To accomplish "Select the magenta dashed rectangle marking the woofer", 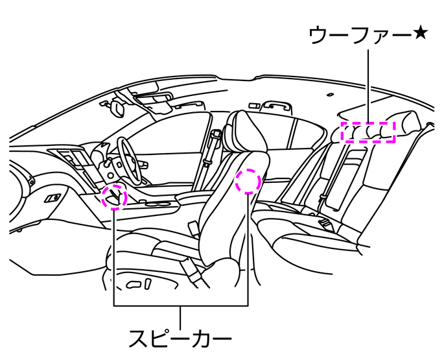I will tap(368, 131).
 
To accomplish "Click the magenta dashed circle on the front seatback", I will tap(248, 182).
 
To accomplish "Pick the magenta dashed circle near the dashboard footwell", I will tap(114, 195).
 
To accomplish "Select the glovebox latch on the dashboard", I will tap(54, 197).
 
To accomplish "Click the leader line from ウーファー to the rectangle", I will tap(368, 84).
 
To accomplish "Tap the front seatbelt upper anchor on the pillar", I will tap(215, 137).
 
